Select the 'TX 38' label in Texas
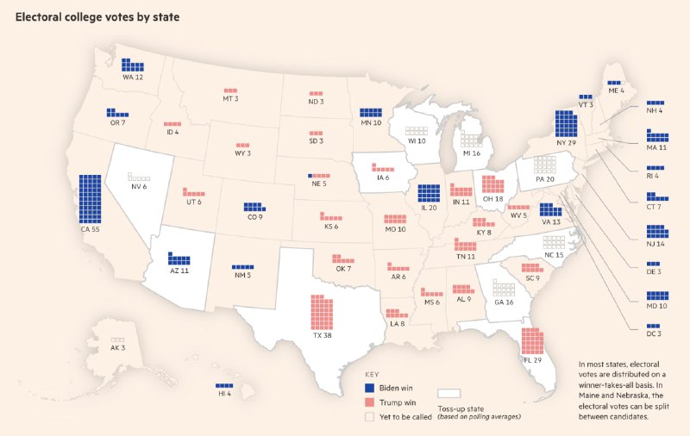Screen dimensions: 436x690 click(323, 337)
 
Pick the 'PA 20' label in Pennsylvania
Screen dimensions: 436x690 click(544, 179)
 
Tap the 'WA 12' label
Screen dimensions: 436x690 click(132, 78)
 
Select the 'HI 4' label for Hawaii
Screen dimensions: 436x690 click(224, 393)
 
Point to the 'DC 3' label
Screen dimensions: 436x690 click(654, 333)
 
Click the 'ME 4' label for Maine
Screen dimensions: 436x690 click(616, 90)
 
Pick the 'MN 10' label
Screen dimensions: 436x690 click(371, 123)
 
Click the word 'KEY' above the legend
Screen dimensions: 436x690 click(371, 376)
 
